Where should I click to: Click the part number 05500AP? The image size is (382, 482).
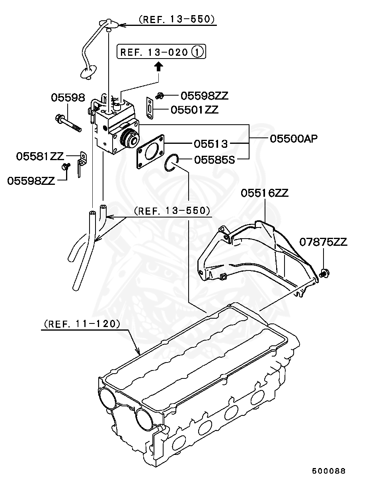pyautogui.click(x=294, y=139)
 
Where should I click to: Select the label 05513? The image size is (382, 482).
pyautogui.click(x=210, y=144)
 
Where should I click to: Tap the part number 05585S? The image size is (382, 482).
pyautogui.click(x=214, y=160)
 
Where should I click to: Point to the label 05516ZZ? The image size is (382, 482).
pyautogui.click(x=265, y=193)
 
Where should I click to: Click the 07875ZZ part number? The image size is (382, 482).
pyautogui.click(x=324, y=242)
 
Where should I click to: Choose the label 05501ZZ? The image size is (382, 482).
pyautogui.click(x=195, y=110)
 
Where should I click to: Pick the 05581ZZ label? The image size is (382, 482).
pyautogui.click(x=40, y=156)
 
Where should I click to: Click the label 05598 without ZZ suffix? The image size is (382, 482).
pyautogui.click(x=68, y=98)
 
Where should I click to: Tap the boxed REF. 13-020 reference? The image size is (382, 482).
pyautogui.click(x=161, y=51)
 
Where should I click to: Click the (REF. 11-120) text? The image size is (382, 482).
pyautogui.click(x=82, y=324)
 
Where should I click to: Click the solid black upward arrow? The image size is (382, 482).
pyautogui.click(x=159, y=67)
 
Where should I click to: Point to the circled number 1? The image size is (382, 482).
pyautogui.click(x=198, y=52)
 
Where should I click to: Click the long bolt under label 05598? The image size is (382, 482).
pyautogui.click(x=68, y=123)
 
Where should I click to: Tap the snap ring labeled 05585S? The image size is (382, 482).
pyautogui.click(x=172, y=163)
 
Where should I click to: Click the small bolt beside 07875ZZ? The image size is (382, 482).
pyautogui.click(x=324, y=273)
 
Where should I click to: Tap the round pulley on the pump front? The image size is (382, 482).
pyautogui.click(x=130, y=138)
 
